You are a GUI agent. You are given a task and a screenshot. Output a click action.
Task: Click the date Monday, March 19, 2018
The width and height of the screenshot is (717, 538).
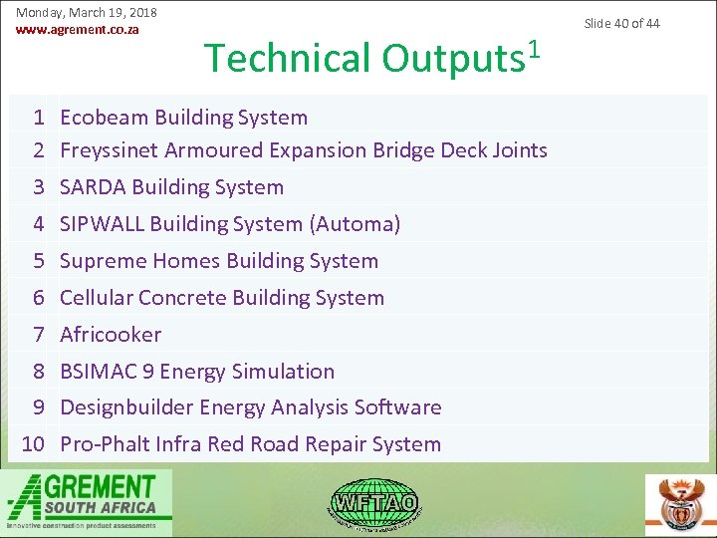click(x=87, y=12)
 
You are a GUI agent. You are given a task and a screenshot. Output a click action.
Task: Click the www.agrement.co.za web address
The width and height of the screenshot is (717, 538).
click(x=77, y=29)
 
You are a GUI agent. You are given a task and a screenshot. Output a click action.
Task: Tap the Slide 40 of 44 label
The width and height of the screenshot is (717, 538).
click(x=621, y=23)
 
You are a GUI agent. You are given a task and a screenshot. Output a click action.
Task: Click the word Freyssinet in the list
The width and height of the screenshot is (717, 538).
click(x=110, y=150)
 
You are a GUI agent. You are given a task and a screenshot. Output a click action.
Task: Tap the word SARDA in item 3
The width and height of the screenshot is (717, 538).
click(x=93, y=187)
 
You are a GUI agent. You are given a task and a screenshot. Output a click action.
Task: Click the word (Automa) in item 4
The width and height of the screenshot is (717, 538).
click(x=355, y=224)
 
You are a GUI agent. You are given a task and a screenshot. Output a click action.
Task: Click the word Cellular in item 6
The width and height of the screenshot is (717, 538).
click(x=97, y=298)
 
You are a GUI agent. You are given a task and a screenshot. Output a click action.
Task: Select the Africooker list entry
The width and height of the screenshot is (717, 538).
click(x=111, y=335)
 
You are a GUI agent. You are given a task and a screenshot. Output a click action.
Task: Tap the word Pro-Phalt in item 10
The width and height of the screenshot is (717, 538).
click(x=105, y=444)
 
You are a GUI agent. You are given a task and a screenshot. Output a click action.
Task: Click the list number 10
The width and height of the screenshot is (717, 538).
click(x=34, y=444)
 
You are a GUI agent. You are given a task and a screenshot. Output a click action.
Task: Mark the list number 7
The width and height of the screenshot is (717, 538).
click(x=39, y=335)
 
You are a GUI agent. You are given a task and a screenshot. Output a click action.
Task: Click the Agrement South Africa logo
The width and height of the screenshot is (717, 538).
click(x=86, y=500)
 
